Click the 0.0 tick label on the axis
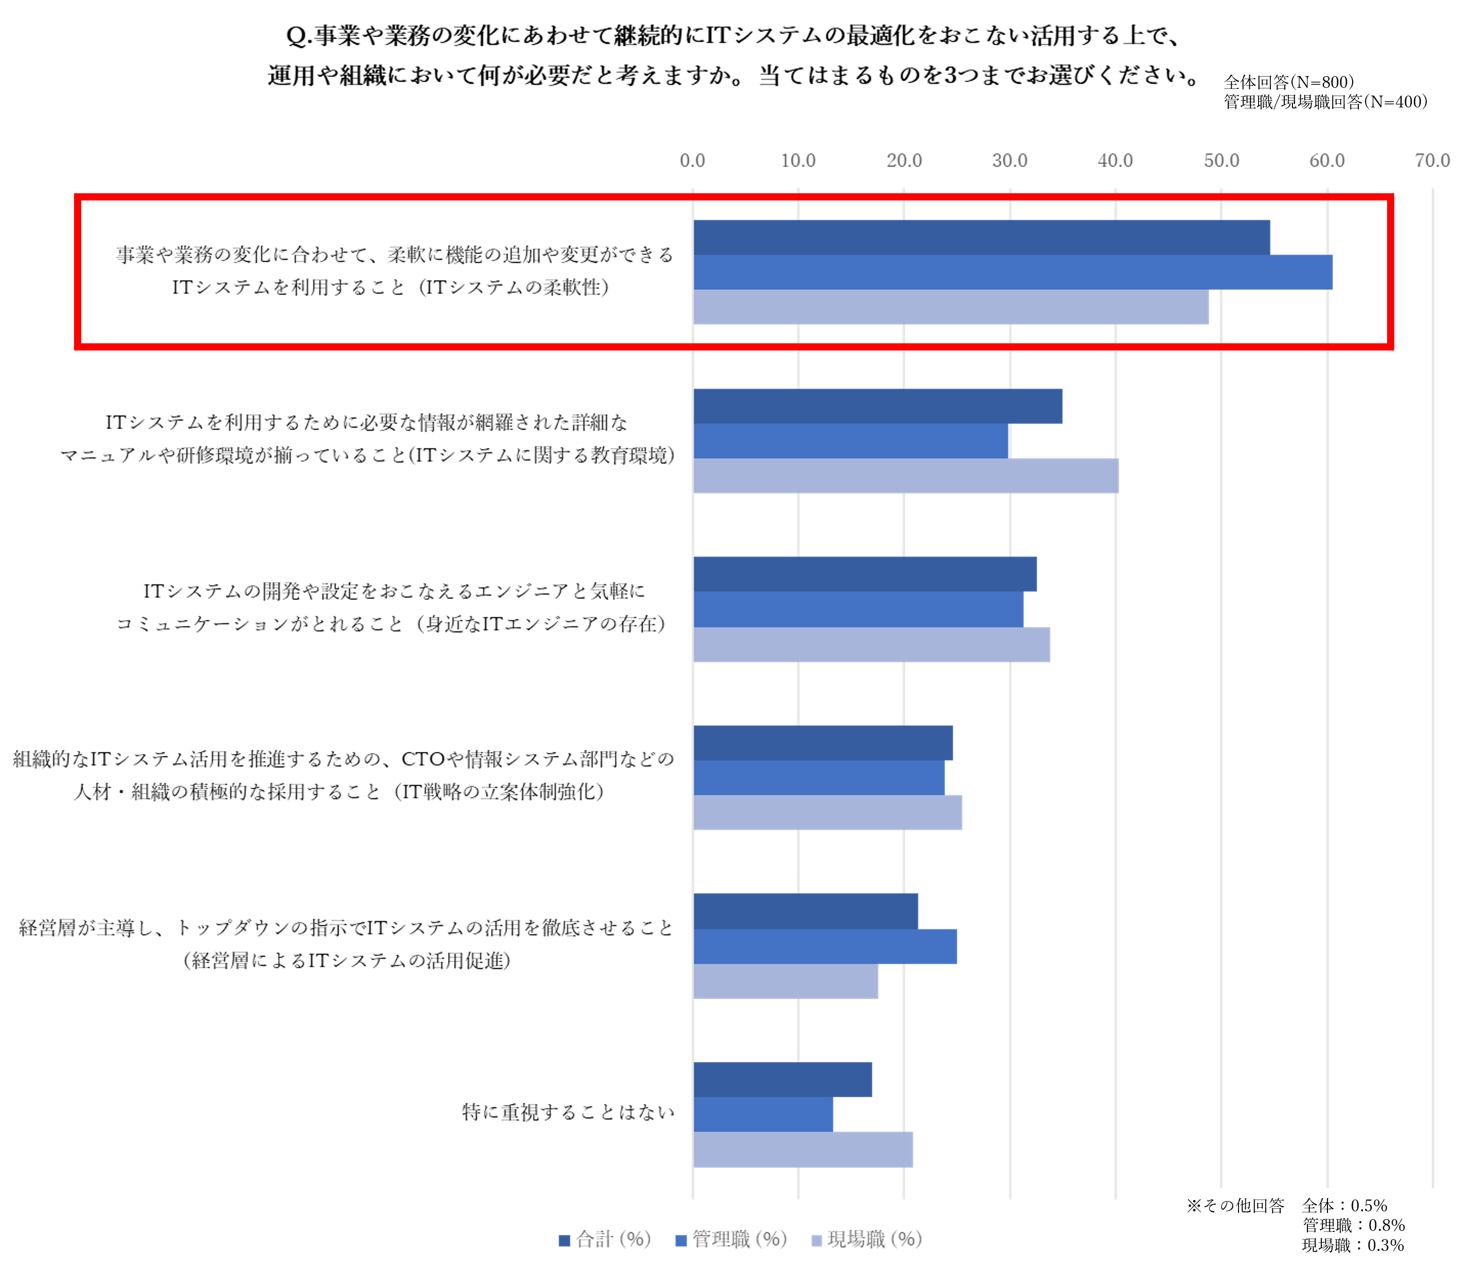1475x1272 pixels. tap(692, 160)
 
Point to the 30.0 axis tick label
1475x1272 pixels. tap(1009, 160)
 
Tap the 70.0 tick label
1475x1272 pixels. tap(1432, 160)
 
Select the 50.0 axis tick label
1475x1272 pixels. tap(1222, 160)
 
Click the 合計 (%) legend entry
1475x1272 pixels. tap(605, 1239)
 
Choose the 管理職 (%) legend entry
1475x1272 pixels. tap(731, 1239)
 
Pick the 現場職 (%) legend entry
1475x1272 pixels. tap(867, 1239)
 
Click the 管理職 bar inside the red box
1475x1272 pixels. tap(1012, 272)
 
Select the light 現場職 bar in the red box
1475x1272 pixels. tap(951, 307)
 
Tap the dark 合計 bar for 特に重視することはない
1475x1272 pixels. tap(782, 1079)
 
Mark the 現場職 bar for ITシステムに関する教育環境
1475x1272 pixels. tap(905, 475)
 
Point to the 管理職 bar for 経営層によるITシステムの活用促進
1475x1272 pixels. tap(825, 946)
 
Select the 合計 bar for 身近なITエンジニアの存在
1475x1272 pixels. tap(865, 574)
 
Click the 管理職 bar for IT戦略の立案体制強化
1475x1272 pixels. tap(818, 777)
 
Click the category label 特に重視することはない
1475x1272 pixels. tap(568, 1112)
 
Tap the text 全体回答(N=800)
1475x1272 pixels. tap(1288, 82)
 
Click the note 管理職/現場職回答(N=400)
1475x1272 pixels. tap(1325, 102)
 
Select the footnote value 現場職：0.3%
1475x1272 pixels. tap(1353, 1245)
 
